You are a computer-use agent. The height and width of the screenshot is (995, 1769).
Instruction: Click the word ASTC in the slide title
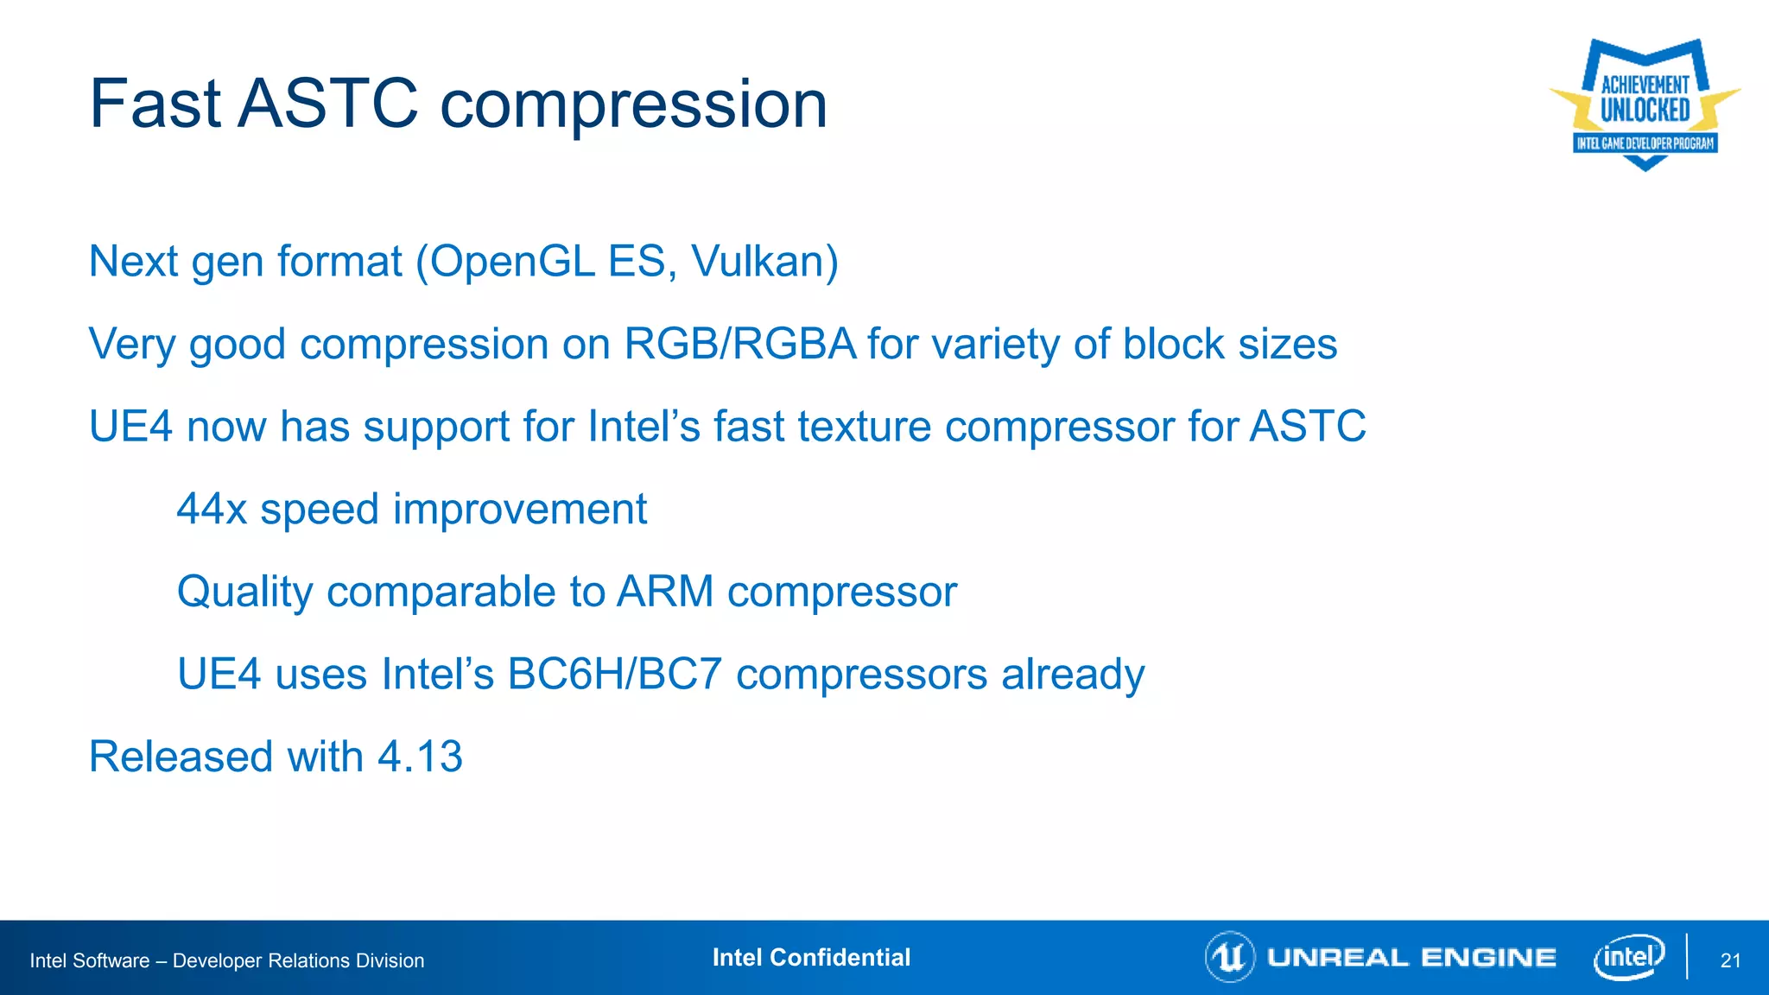pos(328,104)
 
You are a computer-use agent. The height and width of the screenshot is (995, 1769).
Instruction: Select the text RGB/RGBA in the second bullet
pos(739,344)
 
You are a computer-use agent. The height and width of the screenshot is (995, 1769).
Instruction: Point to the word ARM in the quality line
pos(665,592)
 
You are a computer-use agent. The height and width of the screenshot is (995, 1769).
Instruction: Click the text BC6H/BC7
pos(614,674)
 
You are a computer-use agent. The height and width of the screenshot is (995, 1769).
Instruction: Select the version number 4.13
pos(420,757)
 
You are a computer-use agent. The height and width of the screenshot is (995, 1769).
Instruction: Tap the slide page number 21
pos(1730,960)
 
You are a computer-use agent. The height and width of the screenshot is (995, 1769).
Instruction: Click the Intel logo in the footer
pos(1629,957)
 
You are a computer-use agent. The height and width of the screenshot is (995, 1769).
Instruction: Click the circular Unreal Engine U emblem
pos(1229,957)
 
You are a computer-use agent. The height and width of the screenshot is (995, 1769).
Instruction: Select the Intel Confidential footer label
pos(811,957)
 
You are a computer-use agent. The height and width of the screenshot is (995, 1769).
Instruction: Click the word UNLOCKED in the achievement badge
pos(1645,111)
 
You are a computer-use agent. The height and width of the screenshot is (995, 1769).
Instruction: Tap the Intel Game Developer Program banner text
pos(1645,143)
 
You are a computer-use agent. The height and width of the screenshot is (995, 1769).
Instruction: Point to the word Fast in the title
pos(155,104)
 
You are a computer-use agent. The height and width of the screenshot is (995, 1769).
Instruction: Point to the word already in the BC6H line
pos(1073,674)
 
